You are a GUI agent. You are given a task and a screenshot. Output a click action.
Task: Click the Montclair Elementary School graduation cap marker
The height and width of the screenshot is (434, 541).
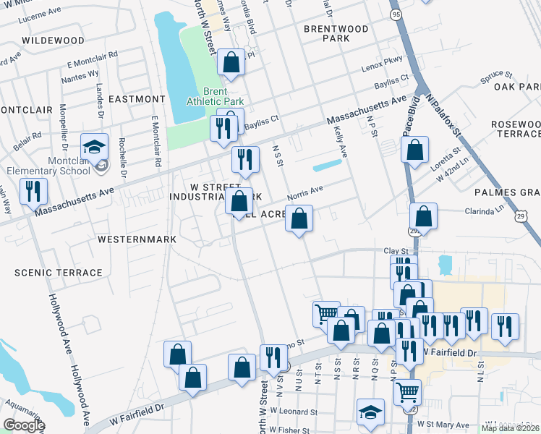point(94,148)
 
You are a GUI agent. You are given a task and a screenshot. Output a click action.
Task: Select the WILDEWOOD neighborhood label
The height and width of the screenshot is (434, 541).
point(53,41)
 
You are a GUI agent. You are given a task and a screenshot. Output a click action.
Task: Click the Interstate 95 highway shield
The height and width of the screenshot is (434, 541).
point(395,14)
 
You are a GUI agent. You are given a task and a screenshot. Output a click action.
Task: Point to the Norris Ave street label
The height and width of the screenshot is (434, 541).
point(304,192)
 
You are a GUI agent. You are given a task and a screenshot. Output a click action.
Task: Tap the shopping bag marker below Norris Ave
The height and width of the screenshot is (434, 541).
point(298,218)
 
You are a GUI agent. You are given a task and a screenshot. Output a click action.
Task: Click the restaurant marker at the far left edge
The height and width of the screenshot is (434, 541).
point(33,192)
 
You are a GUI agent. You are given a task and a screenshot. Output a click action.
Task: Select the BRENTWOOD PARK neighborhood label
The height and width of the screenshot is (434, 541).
point(336,33)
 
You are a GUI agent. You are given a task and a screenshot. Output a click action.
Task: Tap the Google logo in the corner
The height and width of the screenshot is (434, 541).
point(24,425)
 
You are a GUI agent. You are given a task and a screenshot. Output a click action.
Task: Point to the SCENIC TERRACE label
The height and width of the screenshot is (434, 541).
point(59,273)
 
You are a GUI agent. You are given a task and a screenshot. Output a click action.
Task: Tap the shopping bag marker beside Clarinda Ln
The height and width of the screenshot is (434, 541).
point(423,216)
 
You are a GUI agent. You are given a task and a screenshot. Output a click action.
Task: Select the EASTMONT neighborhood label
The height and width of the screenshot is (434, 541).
point(137,98)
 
